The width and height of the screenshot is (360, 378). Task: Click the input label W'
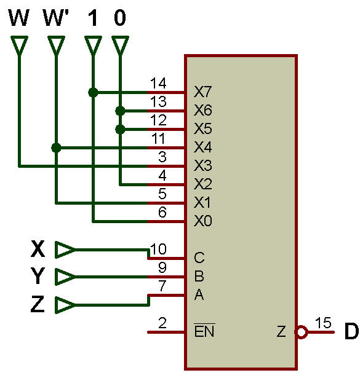point(56,17)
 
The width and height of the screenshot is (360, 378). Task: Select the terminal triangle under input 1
point(93,45)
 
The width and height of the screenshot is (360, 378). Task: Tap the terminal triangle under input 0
point(120,45)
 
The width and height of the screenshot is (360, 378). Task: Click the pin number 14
point(158,84)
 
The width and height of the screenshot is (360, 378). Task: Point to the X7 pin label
point(202,92)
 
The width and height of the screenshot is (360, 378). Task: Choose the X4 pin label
point(202,147)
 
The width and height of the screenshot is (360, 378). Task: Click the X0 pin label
point(202,221)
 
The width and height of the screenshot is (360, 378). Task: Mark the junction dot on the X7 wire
point(93,92)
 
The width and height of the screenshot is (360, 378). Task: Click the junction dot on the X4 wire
point(56,148)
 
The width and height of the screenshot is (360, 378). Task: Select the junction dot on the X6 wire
point(120,111)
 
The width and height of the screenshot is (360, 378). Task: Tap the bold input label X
point(38,249)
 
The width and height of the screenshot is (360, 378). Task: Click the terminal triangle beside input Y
point(65,277)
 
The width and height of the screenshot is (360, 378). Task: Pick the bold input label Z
point(38,304)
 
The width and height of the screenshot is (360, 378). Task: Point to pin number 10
point(158,249)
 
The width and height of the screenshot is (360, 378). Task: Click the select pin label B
point(199,276)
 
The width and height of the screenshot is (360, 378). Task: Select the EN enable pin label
point(204,331)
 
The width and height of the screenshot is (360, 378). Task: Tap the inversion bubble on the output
point(302,332)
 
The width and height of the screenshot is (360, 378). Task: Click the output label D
point(351,331)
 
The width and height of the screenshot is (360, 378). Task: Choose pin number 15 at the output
point(323,323)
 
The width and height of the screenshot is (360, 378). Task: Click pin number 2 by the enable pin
point(162,323)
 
